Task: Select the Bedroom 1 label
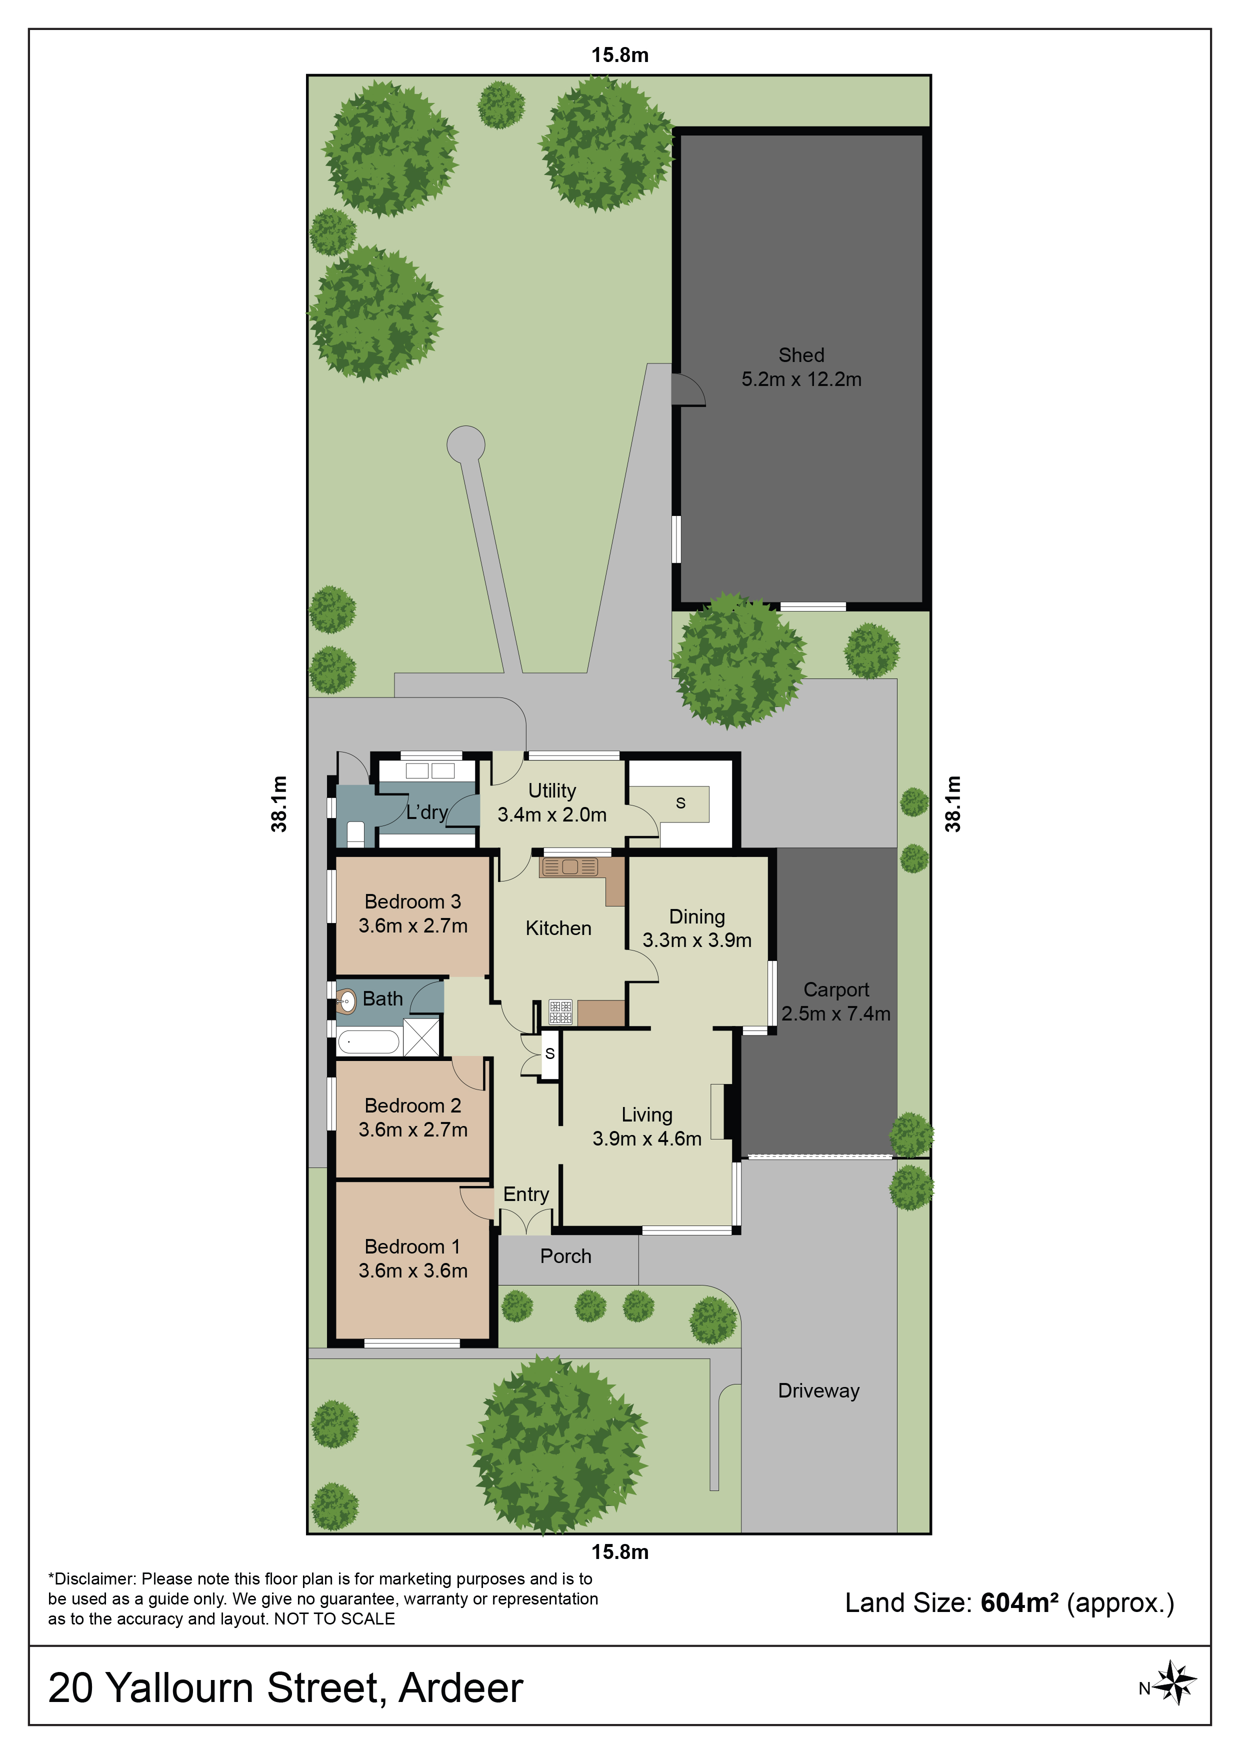pyautogui.click(x=412, y=1246)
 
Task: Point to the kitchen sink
pyautogui.click(x=569, y=867)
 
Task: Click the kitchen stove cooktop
pyautogui.click(x=561, y=1012)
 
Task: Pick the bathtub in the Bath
pyautogui.click(x=368, y=1041)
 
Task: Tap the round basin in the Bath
pyautogui.click(x=347, y=999)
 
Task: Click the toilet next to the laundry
pyautogui.click(x=355, y=832)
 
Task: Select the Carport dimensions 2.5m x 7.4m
pyautogui.click(x=836, y=1013)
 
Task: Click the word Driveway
pyautogui.click(x=818, y=1390)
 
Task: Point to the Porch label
pyautogui.click(x=565, y=1256)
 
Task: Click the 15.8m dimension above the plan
pyautogui.click(x=619, y=55)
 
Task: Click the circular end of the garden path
pyautogui.click(x=465, y=444)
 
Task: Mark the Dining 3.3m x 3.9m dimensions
pyautogui.click(x=697, y=940)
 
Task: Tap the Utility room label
pyautogui.click(x=551, y=790)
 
